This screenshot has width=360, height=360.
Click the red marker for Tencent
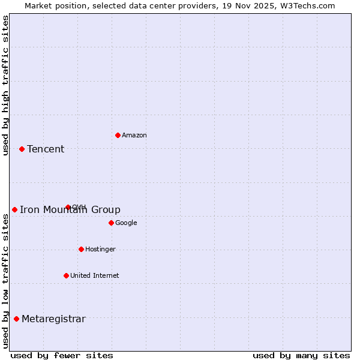[x=22, y=149]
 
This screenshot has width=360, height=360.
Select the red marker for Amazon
[x=118, y=135]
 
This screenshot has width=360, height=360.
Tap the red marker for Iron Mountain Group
[x=14, y=209]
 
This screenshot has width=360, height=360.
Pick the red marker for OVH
[x=68, y=207]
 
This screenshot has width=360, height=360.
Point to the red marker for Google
[x=111, y=223]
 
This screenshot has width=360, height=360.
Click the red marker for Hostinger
[x=81, y=249]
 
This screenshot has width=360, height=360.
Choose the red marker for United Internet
[x=66, y=275]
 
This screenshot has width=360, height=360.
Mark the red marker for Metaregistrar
[x=16, y=319]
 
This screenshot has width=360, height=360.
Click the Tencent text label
[x=46, y=149]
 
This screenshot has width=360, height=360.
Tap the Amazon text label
[x=134, y=136]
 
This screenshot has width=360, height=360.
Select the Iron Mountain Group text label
[x=70, y=210]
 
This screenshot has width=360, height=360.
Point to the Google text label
[x=126, y=223]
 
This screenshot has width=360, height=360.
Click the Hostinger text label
[x=100, y=250]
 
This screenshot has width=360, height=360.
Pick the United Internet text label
[x=95, y=276]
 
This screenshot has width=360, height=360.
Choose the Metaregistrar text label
[x=53, y=319]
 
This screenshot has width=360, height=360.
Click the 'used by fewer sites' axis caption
[x=62, y=355]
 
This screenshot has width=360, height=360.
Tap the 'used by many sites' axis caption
[x=301, y=355]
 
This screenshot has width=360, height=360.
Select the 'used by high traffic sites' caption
[x=6, y=85]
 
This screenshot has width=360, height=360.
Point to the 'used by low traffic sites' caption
[x=6, y=281]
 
